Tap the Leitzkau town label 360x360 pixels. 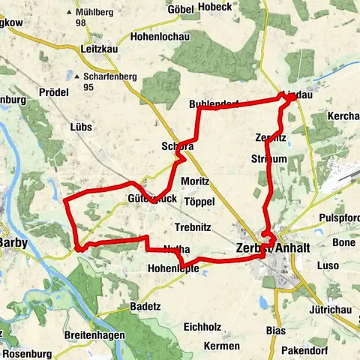pyautogui.click(x=96, y=49)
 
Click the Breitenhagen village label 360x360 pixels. pyautogui.click(x=95, y=335)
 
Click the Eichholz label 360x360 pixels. pyautogui.click(x=205, y=328)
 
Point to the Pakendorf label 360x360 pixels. pyautogui.click(x=309, y=350)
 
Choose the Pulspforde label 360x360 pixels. pyautogui.click(x=339, y=218)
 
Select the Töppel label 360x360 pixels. pyautogui.click(x=199, y=202)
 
